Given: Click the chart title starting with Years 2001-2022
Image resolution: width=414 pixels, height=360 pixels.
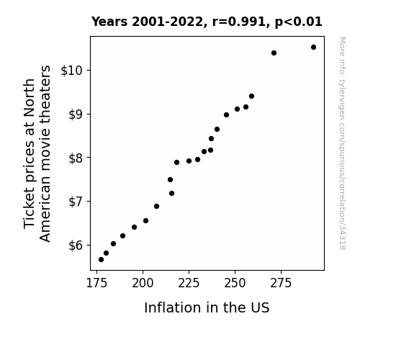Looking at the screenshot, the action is [207, 22].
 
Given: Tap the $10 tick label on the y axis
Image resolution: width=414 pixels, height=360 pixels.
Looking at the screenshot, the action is [72, 71].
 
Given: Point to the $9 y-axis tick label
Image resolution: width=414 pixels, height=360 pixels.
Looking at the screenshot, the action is [76, 114].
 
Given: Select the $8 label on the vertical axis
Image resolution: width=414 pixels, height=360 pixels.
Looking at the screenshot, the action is [76, 158].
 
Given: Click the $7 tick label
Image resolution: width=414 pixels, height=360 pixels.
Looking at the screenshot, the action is [76, 202].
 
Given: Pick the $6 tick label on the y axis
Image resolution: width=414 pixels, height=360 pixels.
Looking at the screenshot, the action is [76, 246].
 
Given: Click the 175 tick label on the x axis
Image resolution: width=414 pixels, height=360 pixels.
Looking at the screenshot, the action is [97, 283].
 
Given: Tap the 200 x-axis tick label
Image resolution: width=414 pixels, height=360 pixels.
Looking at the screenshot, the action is [143, 283].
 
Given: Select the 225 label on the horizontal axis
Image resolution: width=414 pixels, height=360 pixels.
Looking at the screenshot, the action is [189, 283].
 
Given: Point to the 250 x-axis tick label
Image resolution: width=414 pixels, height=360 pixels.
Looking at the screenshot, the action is [235, 283].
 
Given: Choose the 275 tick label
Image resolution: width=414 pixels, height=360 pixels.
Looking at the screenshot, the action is [281, 283].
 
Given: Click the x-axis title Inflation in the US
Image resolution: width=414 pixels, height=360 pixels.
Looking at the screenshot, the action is [207, 307].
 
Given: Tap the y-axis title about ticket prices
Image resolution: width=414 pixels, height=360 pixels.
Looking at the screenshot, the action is [37, 153].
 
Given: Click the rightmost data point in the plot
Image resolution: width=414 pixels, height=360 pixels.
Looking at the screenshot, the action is [313, 48].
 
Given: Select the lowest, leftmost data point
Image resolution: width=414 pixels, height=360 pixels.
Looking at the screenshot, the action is [101, 260].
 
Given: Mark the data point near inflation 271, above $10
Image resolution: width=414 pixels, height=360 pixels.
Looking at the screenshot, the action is [274, 53].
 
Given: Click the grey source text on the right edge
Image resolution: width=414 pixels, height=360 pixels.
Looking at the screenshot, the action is [342, 143].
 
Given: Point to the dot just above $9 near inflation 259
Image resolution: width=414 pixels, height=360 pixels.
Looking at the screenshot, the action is [251, 96].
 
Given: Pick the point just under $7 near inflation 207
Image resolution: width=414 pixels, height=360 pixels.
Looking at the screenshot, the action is [156, 207].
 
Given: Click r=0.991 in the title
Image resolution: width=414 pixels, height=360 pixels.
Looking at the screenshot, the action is [239, 22].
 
